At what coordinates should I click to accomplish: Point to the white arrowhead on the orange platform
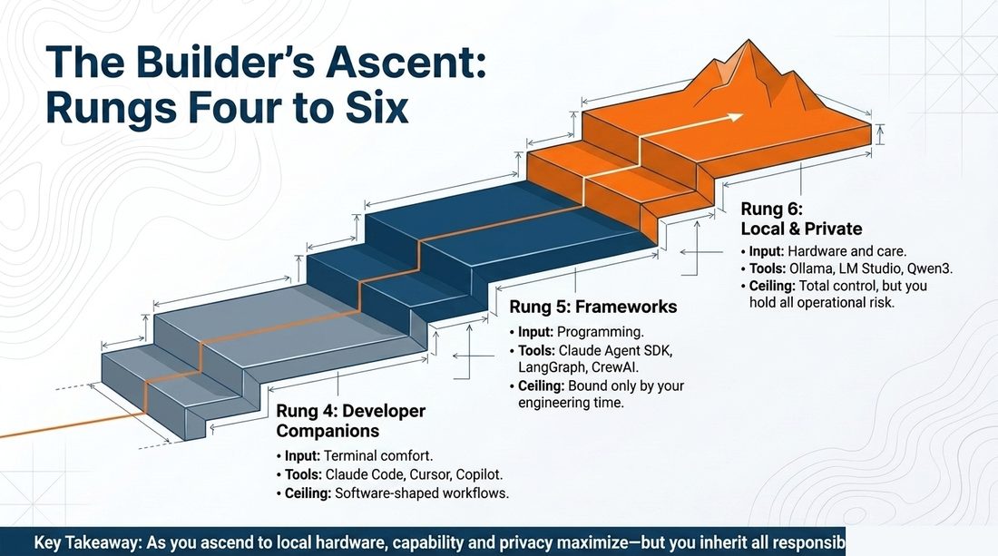tap(735, 117)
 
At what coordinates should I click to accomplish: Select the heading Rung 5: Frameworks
tap(593, 307)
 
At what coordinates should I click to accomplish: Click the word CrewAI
tap(615, 367)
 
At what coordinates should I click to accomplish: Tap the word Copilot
tap(479, 475)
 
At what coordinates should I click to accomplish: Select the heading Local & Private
tap(801, 229)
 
